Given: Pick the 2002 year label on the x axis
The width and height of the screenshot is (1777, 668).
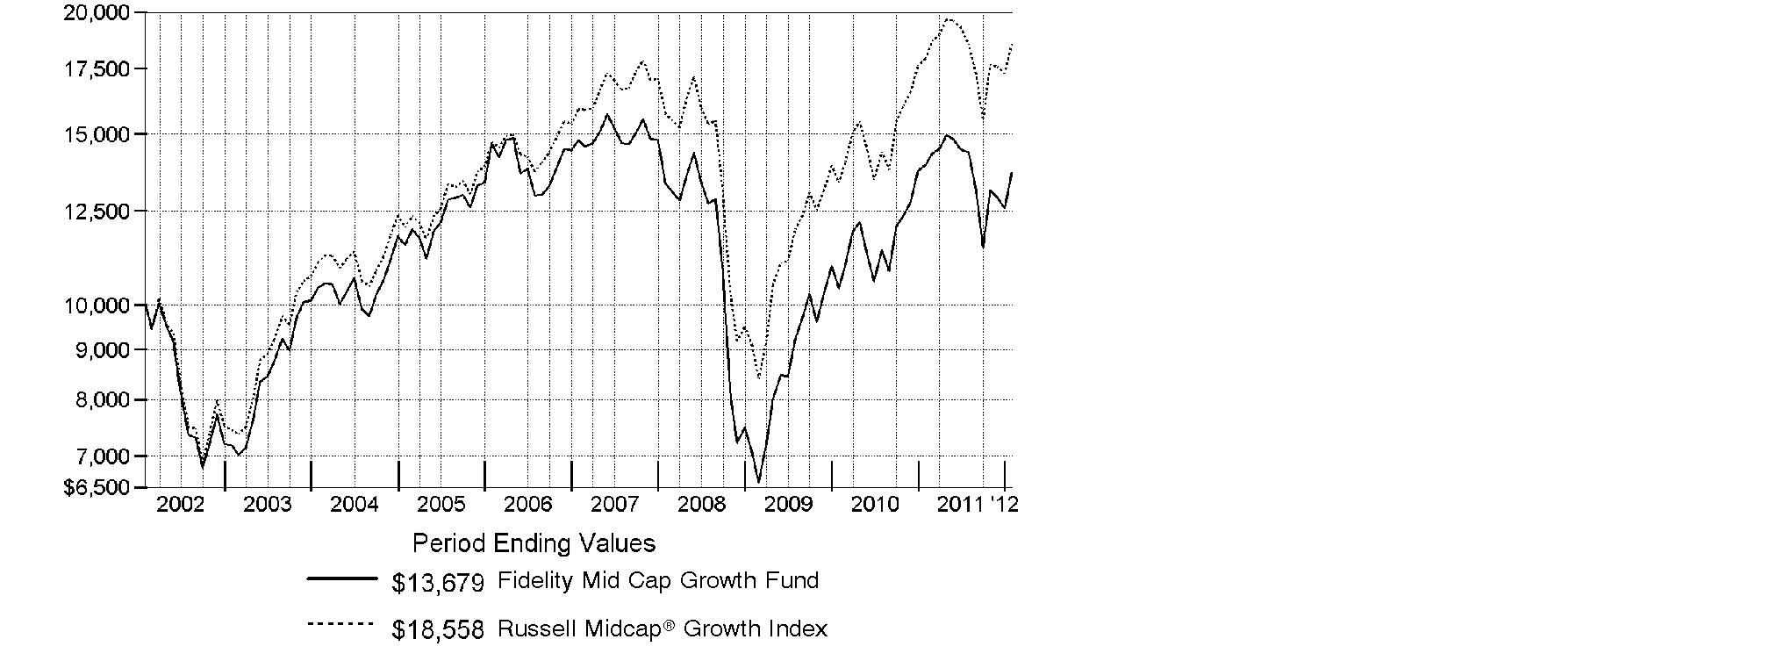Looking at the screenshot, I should point(180,504).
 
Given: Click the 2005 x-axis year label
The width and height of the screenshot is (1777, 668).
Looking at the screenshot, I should point(441,504).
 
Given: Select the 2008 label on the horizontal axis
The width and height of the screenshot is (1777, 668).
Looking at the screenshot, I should point(701,504).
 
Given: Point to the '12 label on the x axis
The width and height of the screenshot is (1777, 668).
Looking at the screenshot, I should point(1003,504).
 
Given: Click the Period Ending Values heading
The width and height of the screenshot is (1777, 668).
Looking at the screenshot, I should point(534,543).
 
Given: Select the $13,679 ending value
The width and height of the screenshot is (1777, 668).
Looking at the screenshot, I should point(438,582).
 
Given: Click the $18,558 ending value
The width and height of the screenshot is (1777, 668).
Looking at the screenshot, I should point(438,629).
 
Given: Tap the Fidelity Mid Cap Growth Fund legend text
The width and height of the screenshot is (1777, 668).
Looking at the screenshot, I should point(657,580).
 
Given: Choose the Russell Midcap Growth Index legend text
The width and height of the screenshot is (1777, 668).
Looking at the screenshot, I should point(662,628).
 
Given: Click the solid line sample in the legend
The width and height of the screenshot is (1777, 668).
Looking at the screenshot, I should point(341,578).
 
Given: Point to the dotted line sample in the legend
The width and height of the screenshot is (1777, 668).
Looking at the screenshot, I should point(341,624).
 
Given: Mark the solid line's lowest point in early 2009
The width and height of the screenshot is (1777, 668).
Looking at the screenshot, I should point(758,482).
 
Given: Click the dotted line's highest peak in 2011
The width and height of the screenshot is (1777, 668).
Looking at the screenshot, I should point(949,18).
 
